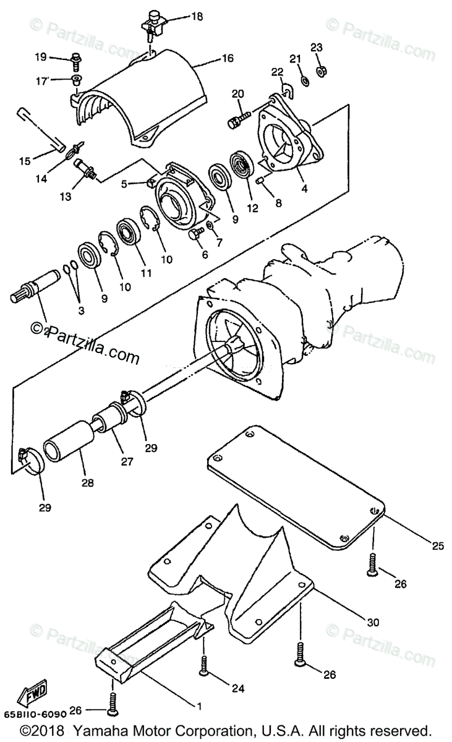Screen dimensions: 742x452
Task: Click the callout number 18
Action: (197, 17)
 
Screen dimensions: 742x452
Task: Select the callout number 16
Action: (228, 59)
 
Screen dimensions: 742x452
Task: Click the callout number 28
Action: (87, 483)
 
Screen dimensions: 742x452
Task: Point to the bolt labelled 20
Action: (238, 119)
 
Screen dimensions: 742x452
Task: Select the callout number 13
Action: (66, 197)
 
